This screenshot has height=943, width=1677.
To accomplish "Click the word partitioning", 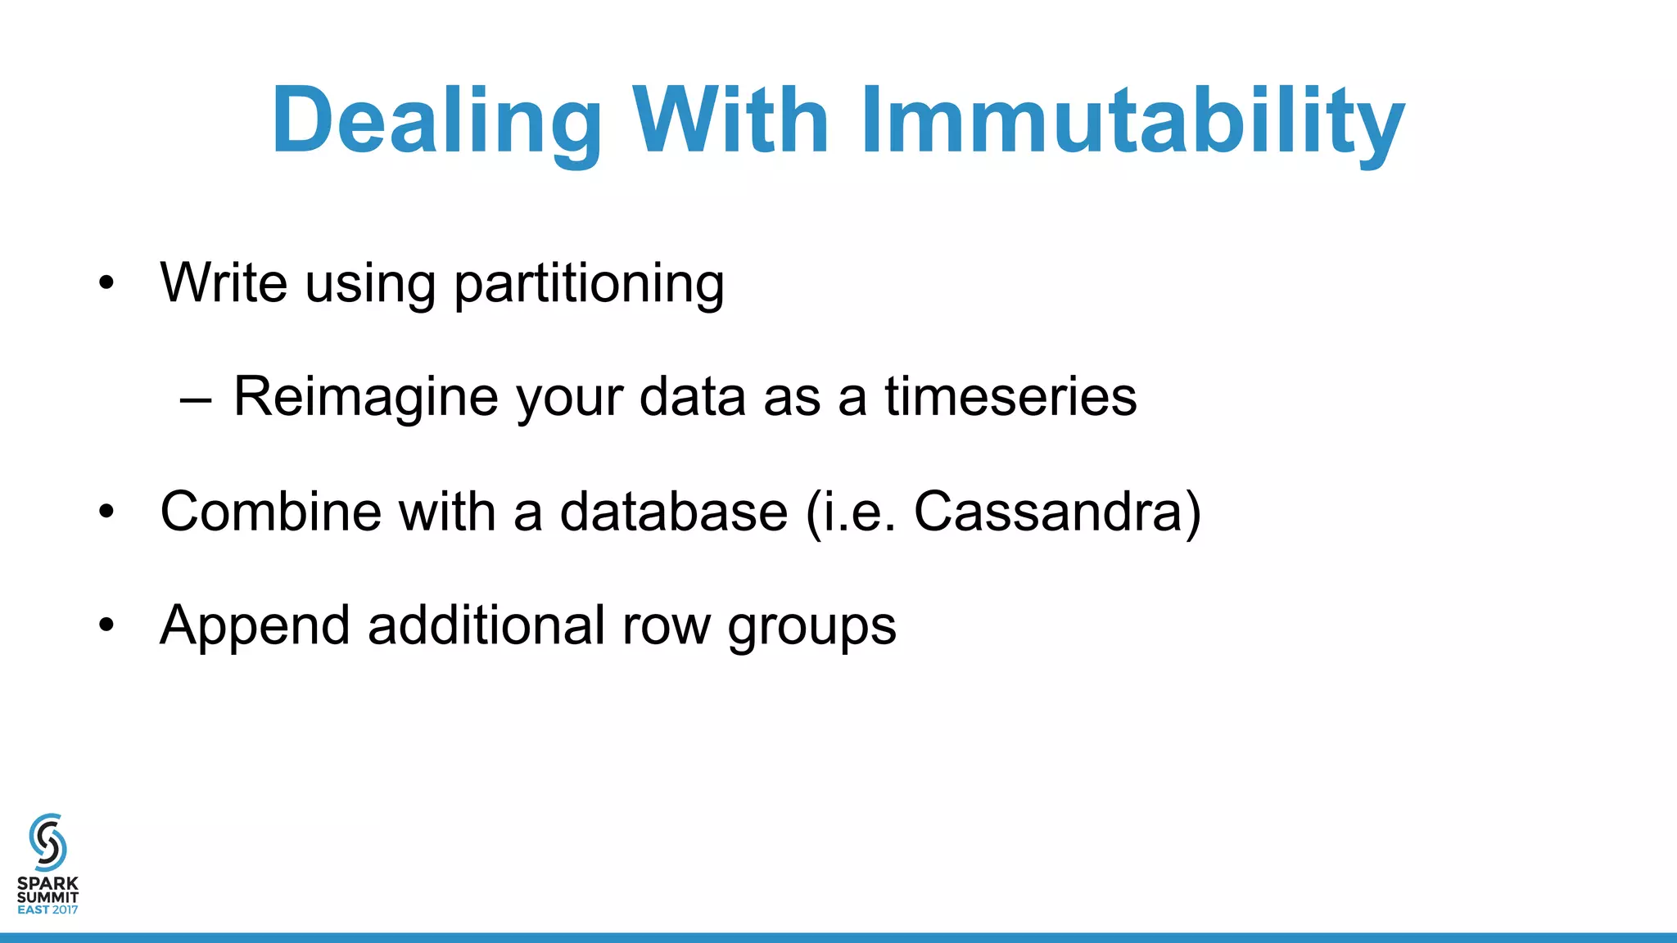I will pos(589,284).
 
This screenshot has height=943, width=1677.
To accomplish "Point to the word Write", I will pos(224,282).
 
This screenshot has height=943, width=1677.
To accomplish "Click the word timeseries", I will pos(1010,397).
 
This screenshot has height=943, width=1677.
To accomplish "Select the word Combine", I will pos(271,512).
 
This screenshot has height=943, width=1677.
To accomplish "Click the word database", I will pos(673,512).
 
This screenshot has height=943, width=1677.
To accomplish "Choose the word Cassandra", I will pos(1047,512).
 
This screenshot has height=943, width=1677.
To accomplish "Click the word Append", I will pos(255,627).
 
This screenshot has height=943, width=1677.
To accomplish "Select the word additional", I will pos(486,625).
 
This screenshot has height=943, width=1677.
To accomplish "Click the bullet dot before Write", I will pos(106,284).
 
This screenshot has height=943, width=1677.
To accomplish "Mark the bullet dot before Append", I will pos(106,626).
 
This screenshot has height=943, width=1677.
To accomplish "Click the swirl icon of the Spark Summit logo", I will pos(47,841).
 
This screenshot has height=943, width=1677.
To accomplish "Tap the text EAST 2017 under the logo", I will pos(47,909).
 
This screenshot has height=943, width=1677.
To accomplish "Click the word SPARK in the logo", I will pos(47,883).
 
